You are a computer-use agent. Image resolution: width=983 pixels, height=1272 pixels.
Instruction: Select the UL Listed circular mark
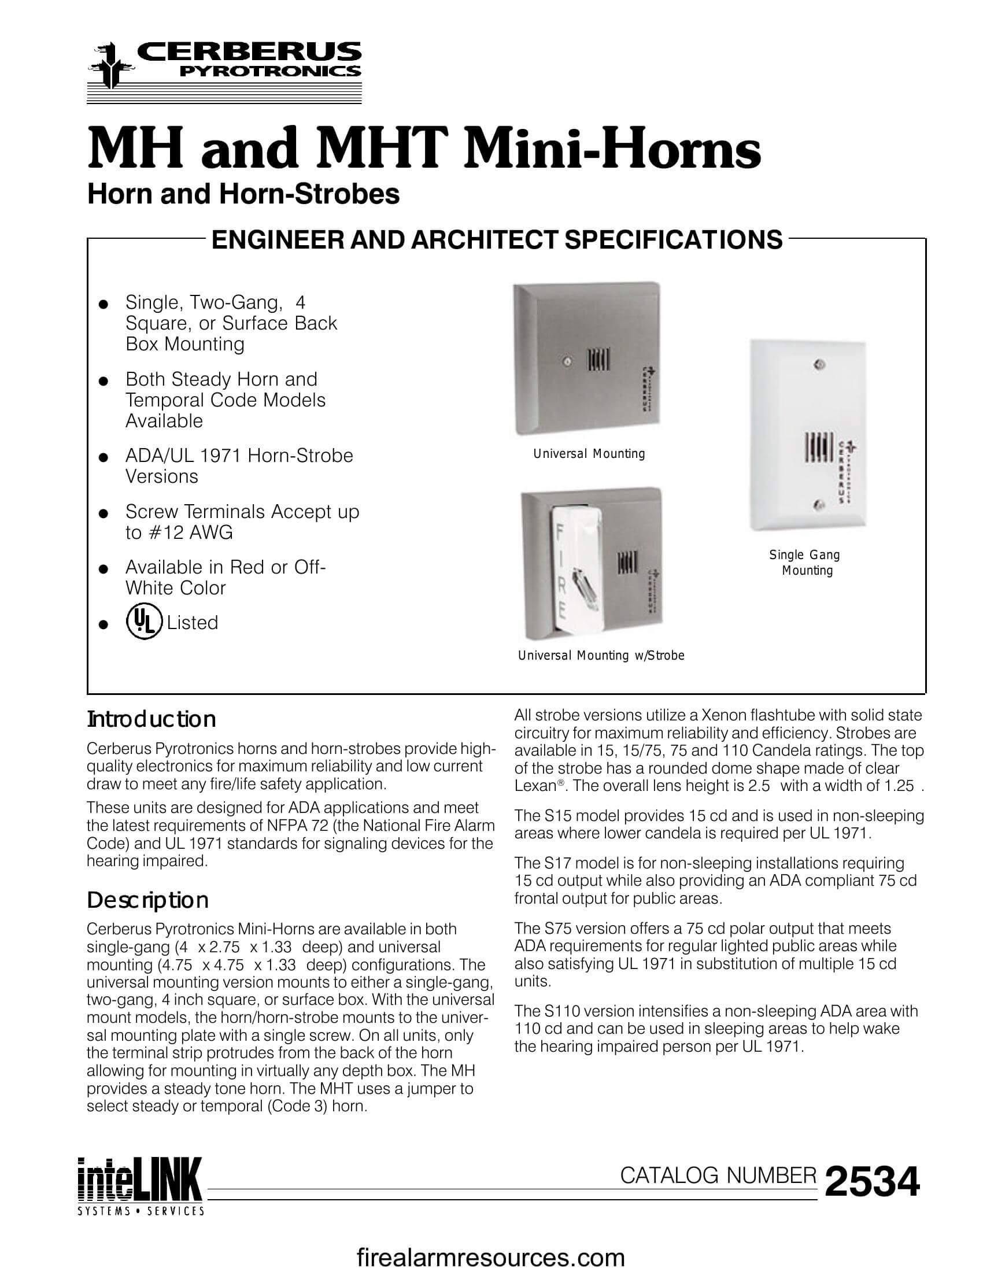coord(143,623)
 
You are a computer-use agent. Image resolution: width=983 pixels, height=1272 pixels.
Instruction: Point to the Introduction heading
coord(151,719)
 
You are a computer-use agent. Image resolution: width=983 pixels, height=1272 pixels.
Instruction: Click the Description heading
coord(147,900)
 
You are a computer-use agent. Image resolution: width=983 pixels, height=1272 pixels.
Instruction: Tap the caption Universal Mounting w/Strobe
coord(601,655)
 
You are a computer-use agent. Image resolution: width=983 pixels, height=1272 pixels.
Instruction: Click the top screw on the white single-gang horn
coord(819,366)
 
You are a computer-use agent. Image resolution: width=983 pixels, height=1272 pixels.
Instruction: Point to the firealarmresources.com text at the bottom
coord(490,1257)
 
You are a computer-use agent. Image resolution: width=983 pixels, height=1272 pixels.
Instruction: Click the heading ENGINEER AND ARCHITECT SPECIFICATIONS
coord(496,240)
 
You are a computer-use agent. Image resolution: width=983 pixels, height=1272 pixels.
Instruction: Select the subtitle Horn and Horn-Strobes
coord(243,194)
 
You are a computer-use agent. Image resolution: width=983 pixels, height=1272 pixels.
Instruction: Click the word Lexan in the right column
coord(535,786)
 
